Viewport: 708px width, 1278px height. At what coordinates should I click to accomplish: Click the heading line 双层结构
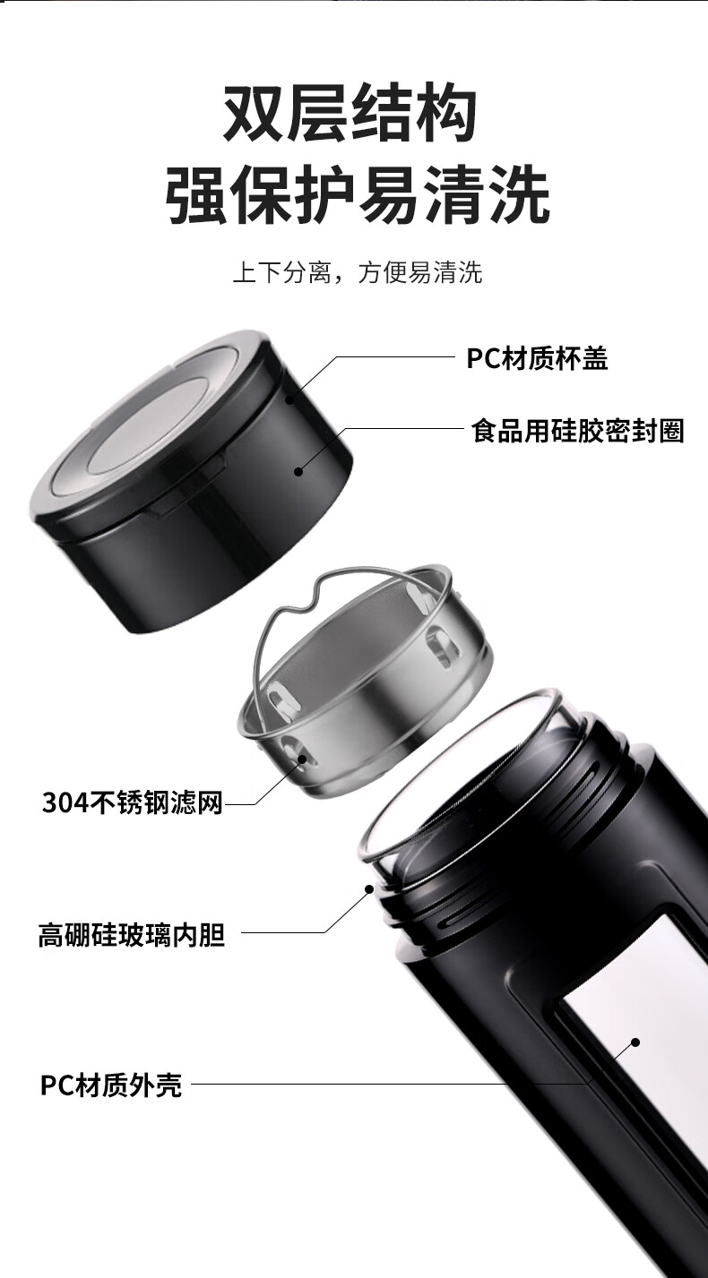(x=349, y=114)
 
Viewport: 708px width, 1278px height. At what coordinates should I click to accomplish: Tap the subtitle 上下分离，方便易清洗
(x=357, y=272)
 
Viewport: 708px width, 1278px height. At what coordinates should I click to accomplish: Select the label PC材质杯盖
(x=537, y=359)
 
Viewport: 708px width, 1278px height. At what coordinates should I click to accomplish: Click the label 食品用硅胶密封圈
(x=577, y=431)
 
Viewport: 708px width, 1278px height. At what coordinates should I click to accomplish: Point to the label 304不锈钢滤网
(x=132, y=802)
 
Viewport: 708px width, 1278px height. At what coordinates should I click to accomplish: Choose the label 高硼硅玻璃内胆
(x=131, y=936)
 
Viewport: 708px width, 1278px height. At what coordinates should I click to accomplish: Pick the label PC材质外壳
(x=111, y=1085)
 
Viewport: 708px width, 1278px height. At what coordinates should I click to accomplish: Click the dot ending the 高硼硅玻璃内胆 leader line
(x=368, y=888)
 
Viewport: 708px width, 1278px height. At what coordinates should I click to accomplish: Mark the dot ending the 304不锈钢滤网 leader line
(x=302, y=759)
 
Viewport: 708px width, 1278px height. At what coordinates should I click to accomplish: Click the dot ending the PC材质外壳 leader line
(x=635, y=1042)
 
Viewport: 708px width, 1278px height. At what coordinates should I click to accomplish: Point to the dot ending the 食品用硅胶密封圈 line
(x=298, y=468)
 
